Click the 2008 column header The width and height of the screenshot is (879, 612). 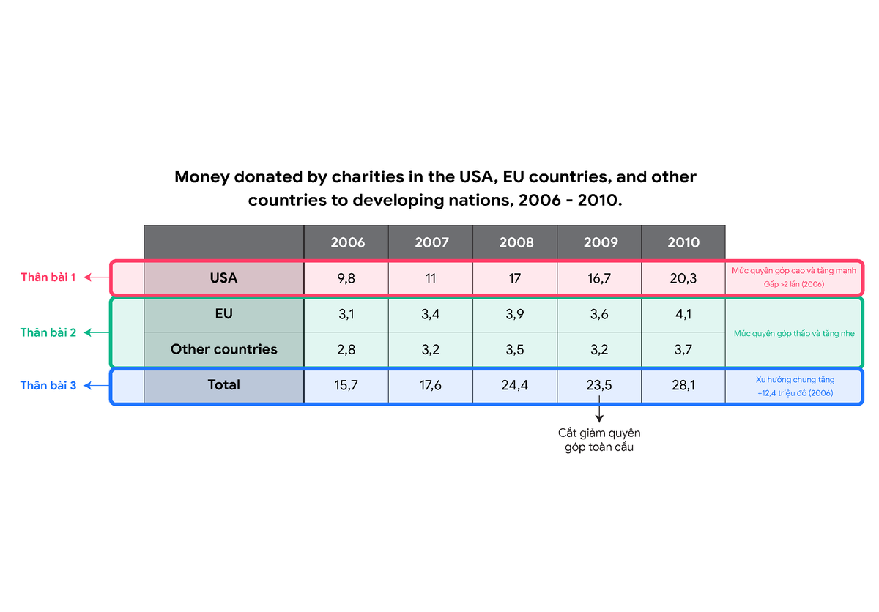516,242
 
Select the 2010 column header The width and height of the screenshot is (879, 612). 683,242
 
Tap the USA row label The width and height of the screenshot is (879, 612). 223,278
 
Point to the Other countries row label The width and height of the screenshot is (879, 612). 223,349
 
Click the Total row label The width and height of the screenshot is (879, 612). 223,384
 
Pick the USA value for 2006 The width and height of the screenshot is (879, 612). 346,278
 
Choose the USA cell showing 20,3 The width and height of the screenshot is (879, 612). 683,278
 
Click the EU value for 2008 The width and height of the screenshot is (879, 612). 515,314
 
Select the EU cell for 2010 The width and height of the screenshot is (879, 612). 683,314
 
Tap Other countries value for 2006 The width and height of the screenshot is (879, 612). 346,349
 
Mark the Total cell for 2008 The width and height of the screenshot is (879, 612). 514,385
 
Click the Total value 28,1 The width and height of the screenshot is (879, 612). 683,385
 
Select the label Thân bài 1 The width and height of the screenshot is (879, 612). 48,277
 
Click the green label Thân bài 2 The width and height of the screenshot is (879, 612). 48,332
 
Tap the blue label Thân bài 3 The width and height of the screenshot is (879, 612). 48,385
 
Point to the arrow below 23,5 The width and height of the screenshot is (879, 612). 599,409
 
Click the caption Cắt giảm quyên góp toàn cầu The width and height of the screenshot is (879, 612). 599,440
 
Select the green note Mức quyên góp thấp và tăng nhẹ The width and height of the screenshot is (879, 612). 794,334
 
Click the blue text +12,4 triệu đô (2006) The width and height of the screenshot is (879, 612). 795,393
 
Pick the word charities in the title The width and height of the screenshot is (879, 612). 367,177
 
